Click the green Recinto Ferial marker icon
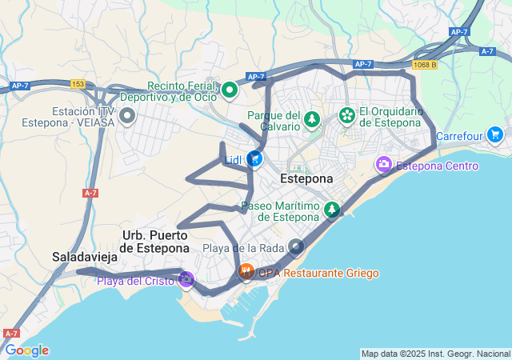[x=230, y=90]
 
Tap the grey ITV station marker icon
[x=126, y=117]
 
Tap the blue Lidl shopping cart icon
[x=254, y=159]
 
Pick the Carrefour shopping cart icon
[x=494, y=135]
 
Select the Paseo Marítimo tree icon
[x=332, y=210]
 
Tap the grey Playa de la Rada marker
[x=296, y=247]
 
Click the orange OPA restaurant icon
[x=246, y=273]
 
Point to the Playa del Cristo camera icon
[x=186, y=279]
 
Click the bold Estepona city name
[x=306, y=179]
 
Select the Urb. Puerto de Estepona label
[x=155, y=242]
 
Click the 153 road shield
[x=78, y=83]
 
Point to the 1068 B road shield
[x=425, y=64]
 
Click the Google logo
[x=26, y=350]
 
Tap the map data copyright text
[x=435, y=354]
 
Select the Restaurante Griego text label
[x=330, y=274]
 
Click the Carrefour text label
[x=459, y=136]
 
